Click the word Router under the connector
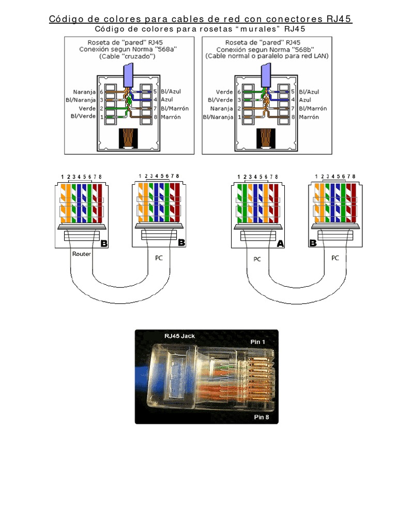[x=82, y=254]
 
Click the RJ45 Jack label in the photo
[x=180, y=336]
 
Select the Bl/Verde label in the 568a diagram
[x=83, y=117]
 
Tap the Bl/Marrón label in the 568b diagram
[x=313, y=109]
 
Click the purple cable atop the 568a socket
[x=128, y=75]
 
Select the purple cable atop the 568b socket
[x=266, y=75]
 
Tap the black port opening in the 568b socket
[x=266, y=139]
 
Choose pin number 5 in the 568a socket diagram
[x=155, y=92]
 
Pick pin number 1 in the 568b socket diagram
[x=239, y=117]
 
